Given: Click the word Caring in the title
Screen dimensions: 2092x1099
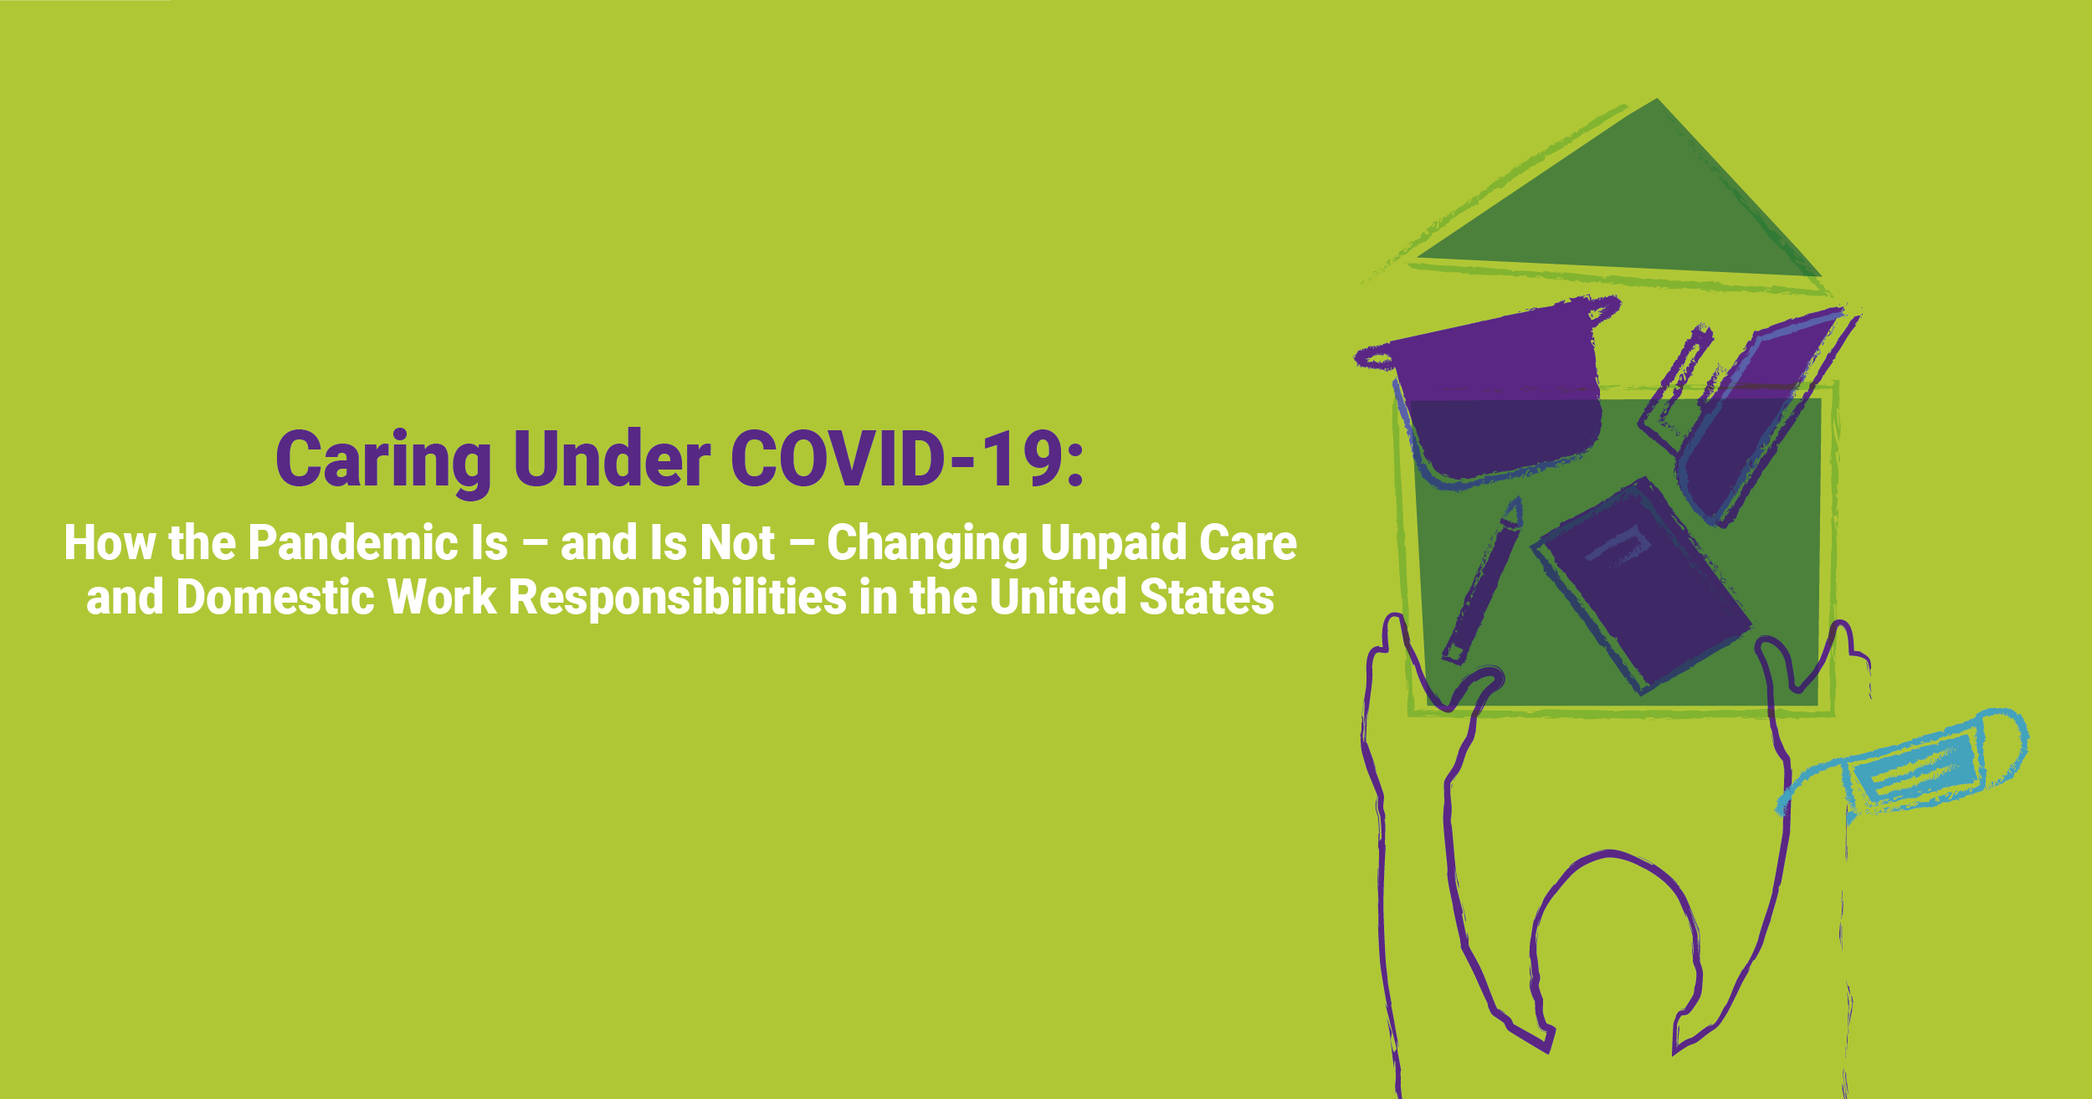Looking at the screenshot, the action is click(383, 461).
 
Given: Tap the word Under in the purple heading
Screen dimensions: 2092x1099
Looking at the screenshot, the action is click(612, 458).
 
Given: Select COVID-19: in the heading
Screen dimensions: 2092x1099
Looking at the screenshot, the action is click(908, 458).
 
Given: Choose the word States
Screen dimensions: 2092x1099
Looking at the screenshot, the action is click(1207, 597).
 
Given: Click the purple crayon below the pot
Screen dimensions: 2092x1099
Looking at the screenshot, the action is click(1481, 582).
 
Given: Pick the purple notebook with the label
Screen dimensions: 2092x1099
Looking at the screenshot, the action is click(1641, 586).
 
